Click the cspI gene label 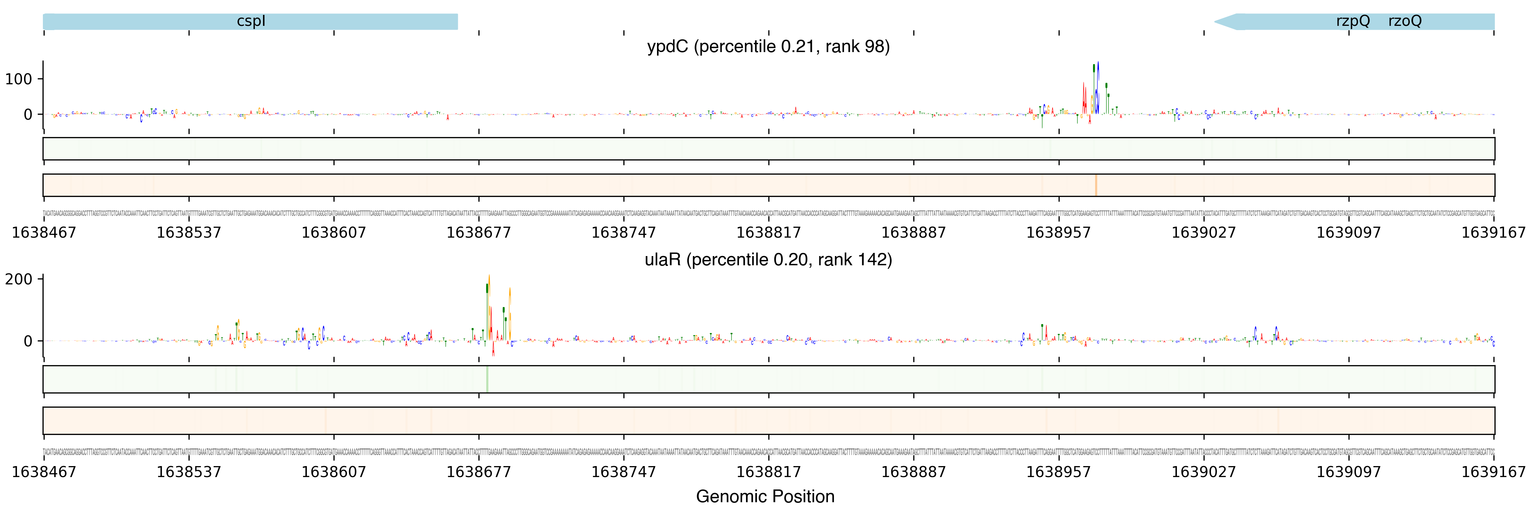point(251,21)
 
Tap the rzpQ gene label point(1353,21)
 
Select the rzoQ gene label point(1405,21)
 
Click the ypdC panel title point(768,46)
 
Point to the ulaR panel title point(768,260)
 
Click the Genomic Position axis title point(765,496)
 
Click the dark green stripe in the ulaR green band point(487,379)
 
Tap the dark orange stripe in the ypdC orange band point(1096,185)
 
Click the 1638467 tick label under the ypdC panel point(44,232)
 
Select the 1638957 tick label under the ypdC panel point(1059,232)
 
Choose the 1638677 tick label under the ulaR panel point(478,472)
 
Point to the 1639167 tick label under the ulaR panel point(1493,472)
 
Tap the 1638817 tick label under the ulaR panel point(768,472)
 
